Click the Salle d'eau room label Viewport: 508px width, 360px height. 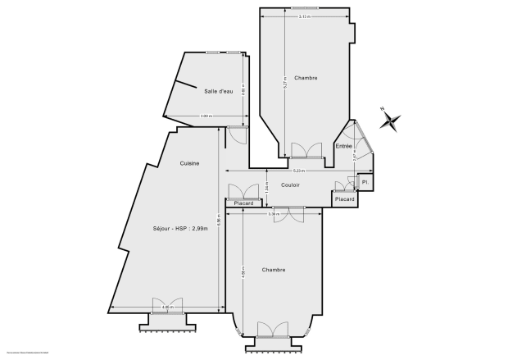click(219, 91)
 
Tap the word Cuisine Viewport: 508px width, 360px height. click(190, 164)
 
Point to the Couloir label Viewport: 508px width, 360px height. click(290, 185)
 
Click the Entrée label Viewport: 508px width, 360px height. click(344, 146)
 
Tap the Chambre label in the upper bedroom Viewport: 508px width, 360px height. click(306, 78)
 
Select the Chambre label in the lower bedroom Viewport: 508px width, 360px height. click(274, 270)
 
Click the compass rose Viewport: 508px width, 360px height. click(391, 121)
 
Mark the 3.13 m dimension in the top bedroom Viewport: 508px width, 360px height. click(304, 17)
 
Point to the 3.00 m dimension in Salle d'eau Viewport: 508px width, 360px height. click(206, 116)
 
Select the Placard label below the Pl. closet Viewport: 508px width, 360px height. click(345, 198)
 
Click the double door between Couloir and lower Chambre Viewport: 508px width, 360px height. click(288, 212)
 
